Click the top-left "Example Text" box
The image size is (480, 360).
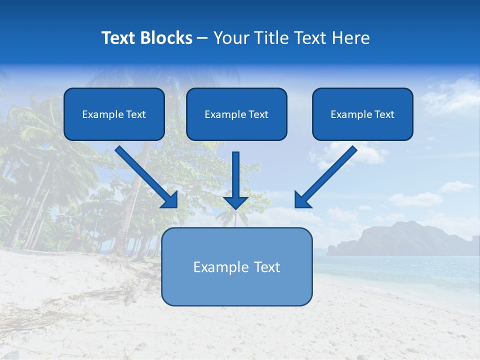click(x=114, y=114)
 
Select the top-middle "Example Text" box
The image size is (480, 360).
click(x=236, y=114)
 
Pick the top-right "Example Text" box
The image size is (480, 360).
click(x=362, y=114)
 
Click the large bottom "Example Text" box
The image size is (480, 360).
click(x=236, y=266)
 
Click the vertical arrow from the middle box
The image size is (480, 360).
click(x=236, y=175)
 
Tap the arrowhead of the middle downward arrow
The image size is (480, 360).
click(x=236, y=202)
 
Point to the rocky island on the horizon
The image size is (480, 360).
click(x=400, y=237)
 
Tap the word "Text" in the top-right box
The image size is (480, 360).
click(x=384, y=114)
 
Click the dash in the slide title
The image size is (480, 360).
click(x=202, y=38)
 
